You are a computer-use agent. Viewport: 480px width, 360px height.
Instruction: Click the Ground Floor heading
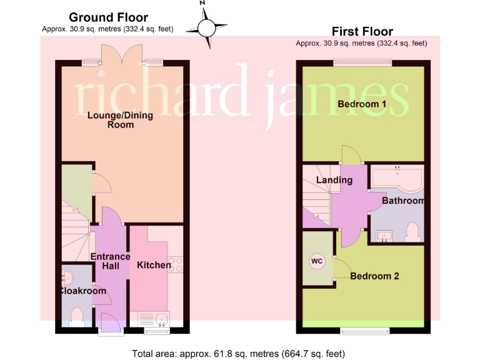click(108, 17)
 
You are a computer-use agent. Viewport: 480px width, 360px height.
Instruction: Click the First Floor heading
click(362, 31)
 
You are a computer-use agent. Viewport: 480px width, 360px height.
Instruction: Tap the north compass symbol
click(206, 26)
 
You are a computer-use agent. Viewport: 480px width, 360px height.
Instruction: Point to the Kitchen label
click(154, 265)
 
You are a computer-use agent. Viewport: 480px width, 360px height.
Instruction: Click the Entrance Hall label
click(110, 261)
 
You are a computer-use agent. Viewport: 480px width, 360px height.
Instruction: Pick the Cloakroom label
click(84, 291)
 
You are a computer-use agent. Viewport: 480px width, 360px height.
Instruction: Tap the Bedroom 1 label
click(361, 104)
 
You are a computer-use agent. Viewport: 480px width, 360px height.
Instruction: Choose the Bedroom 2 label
click(374, 276)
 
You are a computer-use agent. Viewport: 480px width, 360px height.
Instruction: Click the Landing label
click(334, 180)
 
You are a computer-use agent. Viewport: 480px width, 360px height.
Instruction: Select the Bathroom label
click(402, 201)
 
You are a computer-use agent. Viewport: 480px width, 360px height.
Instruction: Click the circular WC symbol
click(317, 262)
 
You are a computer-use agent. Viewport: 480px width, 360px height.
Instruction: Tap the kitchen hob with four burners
click(176, 264)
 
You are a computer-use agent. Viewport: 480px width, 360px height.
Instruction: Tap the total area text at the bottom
click(239, 354)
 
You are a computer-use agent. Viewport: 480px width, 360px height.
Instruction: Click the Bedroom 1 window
click(362, 61)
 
